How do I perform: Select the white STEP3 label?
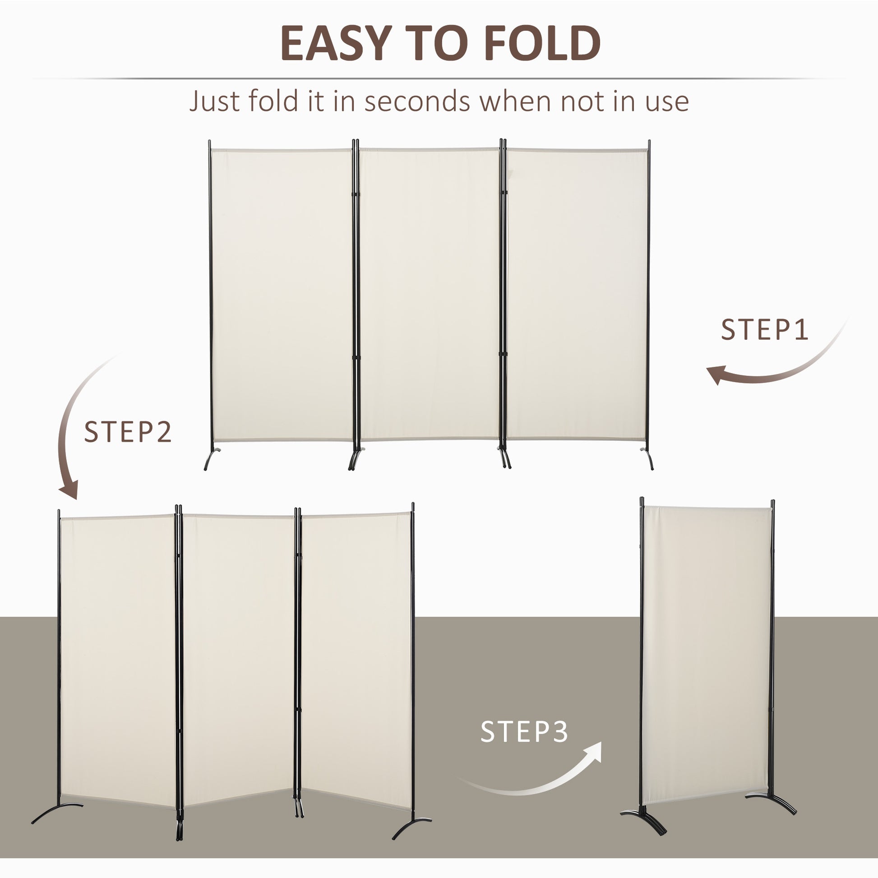point(524,732)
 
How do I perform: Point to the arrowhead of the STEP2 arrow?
point(69,491)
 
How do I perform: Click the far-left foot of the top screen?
point(210,459)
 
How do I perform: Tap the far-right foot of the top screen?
point(648,459)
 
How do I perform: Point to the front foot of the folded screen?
point(645,818)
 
